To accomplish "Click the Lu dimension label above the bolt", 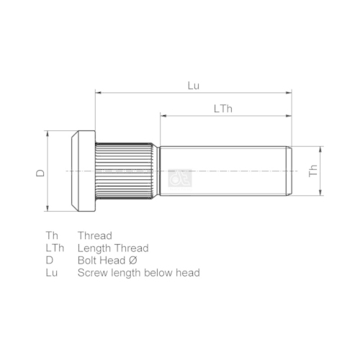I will click(193, 85).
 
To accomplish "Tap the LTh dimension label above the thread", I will click(222, 108).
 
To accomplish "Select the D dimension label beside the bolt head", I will click(41, 172).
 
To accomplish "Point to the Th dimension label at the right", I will click(312, 171).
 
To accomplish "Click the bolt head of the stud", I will click(83, 171).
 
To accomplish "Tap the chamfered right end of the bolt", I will click(289, 171).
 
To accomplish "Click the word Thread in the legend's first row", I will click(95, 235).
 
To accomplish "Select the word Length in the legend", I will click(94, 248).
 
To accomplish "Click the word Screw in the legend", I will click(92, 272).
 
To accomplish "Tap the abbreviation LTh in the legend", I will click(55, 248).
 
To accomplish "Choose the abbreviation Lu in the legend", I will click(51, 272).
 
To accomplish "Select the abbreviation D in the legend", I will click(49, 260).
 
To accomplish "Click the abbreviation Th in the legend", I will click(51, 235).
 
